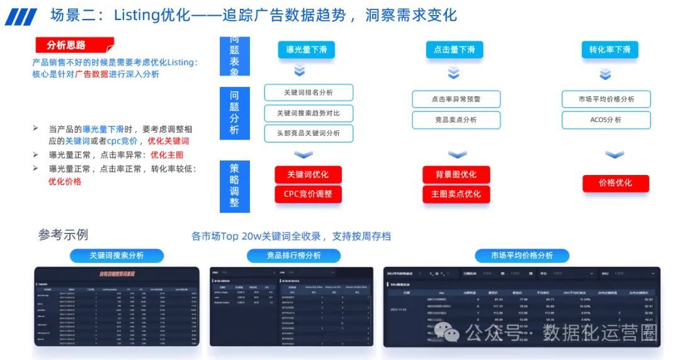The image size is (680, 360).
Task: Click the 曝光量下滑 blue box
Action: pos(306,50)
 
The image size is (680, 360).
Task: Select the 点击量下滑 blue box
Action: pos(454,50)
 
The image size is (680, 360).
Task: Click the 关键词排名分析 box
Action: pos(309,93)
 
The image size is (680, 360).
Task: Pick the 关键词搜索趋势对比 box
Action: pos(309,113)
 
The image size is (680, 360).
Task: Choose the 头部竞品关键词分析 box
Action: pos(309,133)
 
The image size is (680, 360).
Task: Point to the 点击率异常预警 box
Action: pos(456,99)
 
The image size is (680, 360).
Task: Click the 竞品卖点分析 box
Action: pos(456,120)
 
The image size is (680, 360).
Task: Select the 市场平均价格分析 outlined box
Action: pos(606,99)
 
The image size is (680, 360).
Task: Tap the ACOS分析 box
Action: pos(606,120)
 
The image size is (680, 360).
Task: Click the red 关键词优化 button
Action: pos(308,174)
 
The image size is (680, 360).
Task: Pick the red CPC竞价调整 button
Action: pos(308,194)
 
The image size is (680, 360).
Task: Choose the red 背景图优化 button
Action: pos(456,174)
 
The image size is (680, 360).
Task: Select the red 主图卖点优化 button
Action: pos(456,194)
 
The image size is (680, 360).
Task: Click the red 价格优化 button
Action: pos(615,183)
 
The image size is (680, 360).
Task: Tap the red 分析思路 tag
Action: pos(74,45)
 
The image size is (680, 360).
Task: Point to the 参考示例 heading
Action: pos(63,235)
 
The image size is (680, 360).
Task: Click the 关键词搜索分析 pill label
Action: pos(116,256)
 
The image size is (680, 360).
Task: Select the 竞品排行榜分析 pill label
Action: pos(293,256)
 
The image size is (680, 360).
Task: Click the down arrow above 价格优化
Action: pos(614,155)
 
